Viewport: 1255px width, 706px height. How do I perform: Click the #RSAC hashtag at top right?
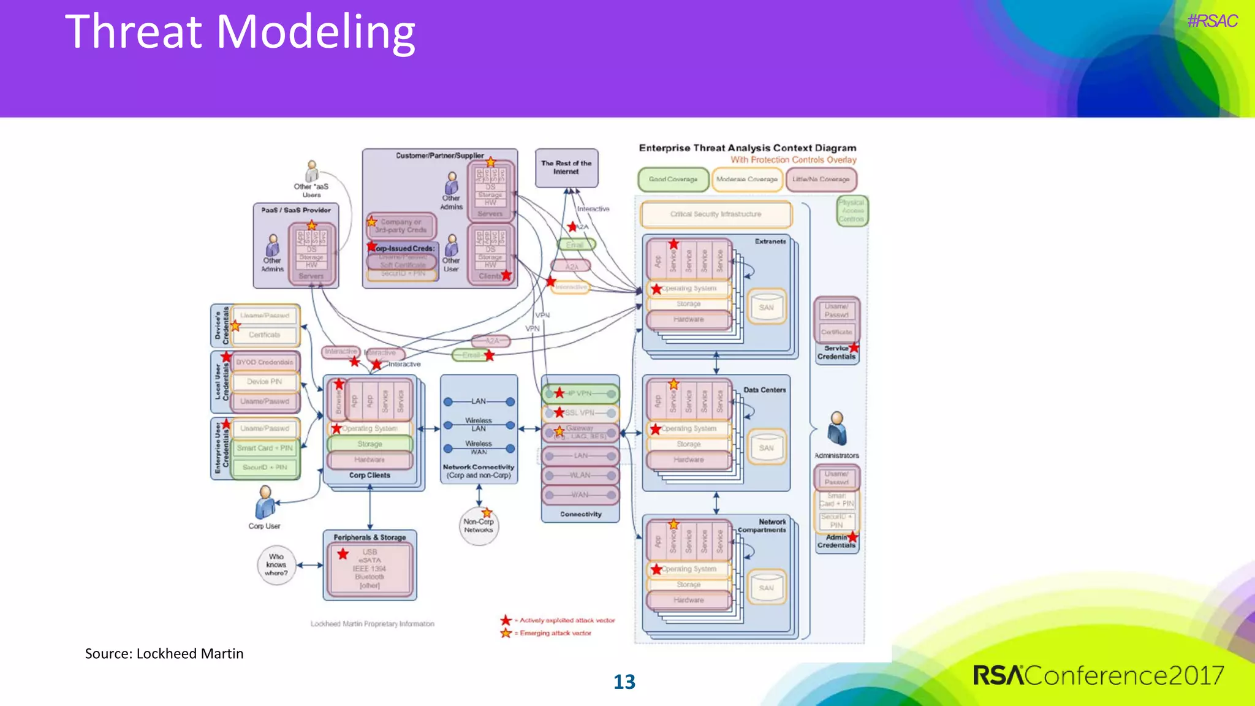tap(1211, 21)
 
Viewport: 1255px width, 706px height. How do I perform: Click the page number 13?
tap(624, 682)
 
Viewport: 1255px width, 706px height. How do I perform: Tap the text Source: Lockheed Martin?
tap(164, 654)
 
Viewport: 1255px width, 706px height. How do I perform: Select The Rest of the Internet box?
tap(566, 168)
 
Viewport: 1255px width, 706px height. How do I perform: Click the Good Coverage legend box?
tap(673, 180)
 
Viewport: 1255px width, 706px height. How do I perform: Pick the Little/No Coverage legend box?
tap(821, 180)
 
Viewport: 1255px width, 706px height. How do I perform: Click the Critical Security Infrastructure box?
tap(716, 214)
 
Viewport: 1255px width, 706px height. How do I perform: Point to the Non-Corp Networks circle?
tap(479, 526)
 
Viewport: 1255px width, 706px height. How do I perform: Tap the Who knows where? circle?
tap(276, 565)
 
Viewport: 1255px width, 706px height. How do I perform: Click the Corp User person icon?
tap(265, 503)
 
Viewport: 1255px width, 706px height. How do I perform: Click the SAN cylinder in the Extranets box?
tap(766, 306)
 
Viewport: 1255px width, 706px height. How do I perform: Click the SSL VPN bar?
tap(580, 413)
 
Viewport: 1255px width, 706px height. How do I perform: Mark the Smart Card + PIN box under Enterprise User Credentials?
tap(265, 448)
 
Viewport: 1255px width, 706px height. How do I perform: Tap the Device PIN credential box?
tap(265, 382)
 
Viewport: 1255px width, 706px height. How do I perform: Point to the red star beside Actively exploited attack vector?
tap(506, 620)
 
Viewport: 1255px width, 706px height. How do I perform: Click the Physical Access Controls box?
tap(851, 211)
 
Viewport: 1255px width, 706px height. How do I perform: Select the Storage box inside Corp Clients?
tap(370, 444)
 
